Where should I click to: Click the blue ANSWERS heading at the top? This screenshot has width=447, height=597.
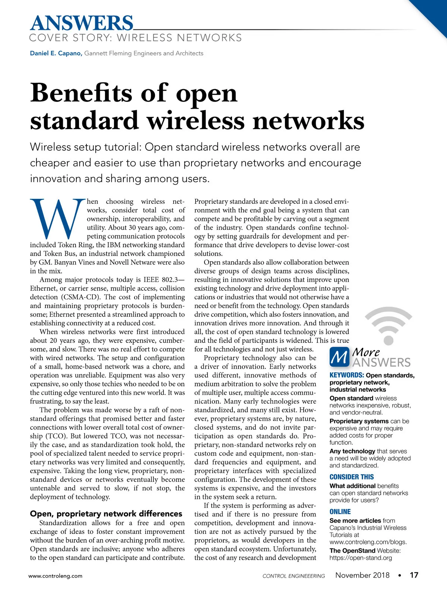81,23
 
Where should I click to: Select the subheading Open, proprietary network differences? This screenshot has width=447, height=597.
106,514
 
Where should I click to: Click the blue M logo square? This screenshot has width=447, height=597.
339,357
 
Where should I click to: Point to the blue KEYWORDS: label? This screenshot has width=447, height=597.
346,375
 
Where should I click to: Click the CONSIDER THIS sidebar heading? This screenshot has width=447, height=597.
351,477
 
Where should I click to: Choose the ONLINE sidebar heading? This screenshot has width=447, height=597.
340,512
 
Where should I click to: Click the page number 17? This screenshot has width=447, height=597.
414,575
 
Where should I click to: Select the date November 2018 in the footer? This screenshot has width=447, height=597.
362,575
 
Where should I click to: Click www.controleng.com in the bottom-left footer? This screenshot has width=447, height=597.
56,576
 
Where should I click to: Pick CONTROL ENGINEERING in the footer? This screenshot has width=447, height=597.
294,576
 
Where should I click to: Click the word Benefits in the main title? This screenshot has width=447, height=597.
81,93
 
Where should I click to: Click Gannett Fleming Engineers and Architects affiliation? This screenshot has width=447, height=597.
144,53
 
